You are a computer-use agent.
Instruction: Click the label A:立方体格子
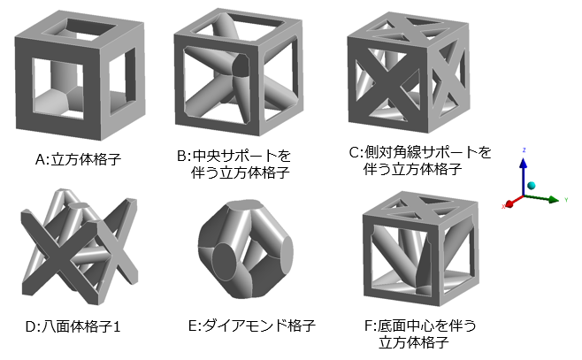(x=79, y=160)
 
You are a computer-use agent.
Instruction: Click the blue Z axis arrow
(x=524, y=172)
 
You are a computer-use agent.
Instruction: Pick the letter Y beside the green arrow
(x=563, y=201)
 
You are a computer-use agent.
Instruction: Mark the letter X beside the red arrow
(x=503, y=206)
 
